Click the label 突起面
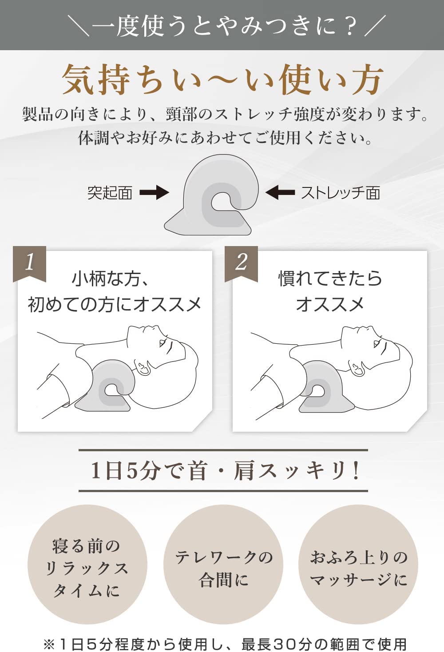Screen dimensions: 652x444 [x=110, y=193]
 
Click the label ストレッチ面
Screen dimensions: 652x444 [x=341, y=193]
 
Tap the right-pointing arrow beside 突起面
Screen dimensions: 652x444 [x=154, y=193]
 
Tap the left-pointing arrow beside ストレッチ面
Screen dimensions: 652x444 [x=280, y=193]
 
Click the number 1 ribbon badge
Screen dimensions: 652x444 [x=29, y=263]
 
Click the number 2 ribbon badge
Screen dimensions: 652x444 [x=241, y=263]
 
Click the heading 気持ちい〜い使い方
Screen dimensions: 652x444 [x=222, y=80]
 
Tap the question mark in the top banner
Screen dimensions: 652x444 [x=350, y=26]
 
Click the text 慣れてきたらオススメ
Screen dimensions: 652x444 [x=330, y=291]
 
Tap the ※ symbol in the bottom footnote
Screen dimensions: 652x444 [x=49, y=644]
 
